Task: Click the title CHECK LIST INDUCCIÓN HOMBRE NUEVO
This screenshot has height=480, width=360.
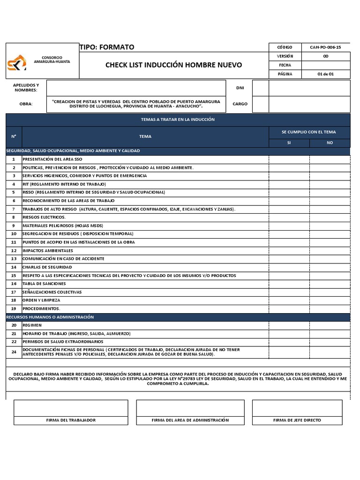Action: click(173, 65)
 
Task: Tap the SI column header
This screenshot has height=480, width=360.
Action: click(289, 142)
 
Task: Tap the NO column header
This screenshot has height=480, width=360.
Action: click(330, 142)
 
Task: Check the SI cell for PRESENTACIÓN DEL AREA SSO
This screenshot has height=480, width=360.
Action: click(289, 159)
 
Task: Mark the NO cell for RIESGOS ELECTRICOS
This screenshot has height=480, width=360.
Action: click(330, 217)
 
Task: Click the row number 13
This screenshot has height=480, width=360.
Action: click(14, 259)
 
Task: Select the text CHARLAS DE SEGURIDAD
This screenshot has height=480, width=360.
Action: click(47, 267)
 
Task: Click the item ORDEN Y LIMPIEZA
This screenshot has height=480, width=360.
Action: click(41, 300)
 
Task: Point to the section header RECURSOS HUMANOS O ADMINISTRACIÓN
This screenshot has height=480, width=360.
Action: click(50, 317)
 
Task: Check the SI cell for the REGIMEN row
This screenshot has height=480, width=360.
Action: click(289, 325)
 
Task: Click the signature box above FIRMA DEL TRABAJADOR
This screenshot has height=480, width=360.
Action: click(71, 408)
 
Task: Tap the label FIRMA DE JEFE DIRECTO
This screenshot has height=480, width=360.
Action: click(297, 420)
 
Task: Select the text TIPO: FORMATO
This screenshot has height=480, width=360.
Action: click(107, 47)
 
